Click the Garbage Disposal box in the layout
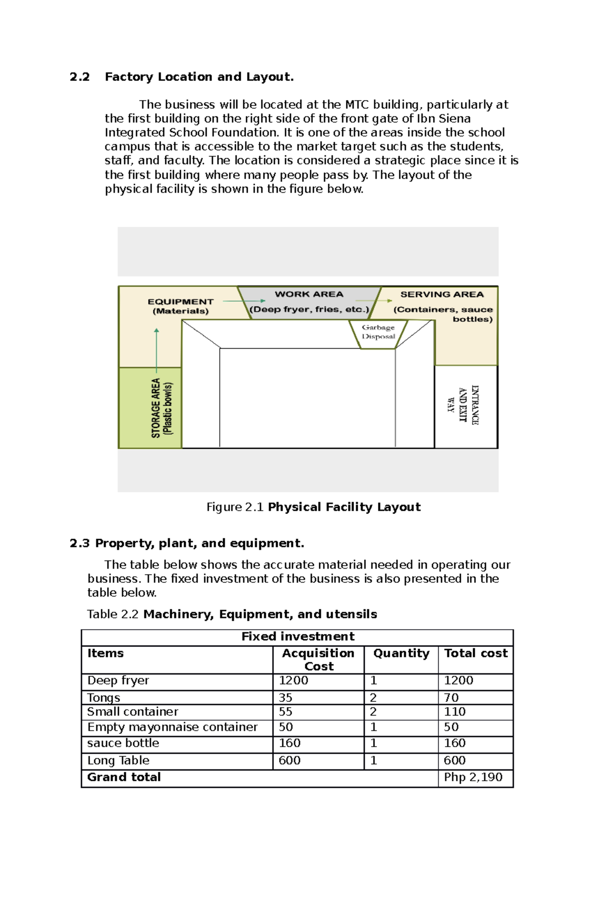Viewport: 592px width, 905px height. [378, 332]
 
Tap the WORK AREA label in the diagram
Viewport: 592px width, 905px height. [309, 294]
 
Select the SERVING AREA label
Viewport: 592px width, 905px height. [442, 294]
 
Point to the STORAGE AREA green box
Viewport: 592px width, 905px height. [150, 408]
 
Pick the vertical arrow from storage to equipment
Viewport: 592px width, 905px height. [156, 350]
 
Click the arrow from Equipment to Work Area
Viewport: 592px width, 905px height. [244, 301]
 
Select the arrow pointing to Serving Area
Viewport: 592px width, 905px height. [373, 300]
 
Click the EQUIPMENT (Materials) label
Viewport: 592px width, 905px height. [181, 306]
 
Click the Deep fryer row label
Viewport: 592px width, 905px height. [118, 681]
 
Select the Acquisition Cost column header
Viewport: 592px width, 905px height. [318, 659]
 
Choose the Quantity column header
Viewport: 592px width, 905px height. [401, 653]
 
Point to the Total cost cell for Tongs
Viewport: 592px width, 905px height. [451, 697]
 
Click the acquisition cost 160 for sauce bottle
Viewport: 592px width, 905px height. [290, 743]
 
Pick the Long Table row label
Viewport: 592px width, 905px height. [118, 760]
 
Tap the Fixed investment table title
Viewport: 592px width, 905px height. [297, 637]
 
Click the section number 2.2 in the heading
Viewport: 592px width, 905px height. [79, 77]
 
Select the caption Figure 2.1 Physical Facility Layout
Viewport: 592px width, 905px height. [313, 507]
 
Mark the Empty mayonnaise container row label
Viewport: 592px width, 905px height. [172, 727]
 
